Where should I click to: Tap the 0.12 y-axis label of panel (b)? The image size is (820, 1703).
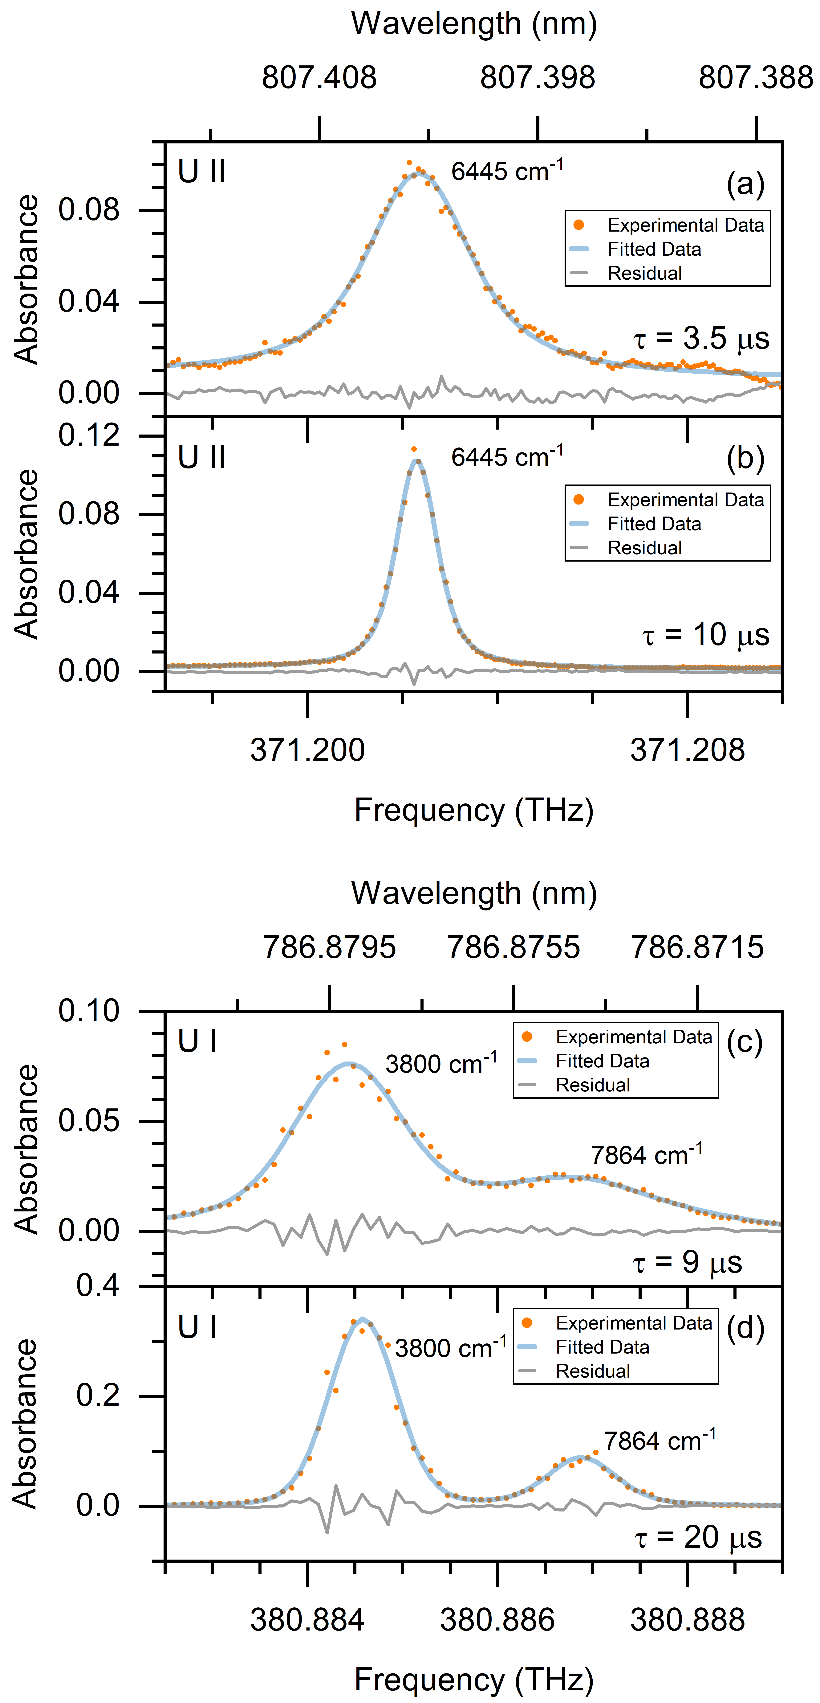pyautogui.click(x=89, y=436)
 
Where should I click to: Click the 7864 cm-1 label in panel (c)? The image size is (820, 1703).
pyautogui.click(x=646, y=1155)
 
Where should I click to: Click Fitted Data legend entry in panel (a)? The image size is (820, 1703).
pyautogui.click(x=654, y=249)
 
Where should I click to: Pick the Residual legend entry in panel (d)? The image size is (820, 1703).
pyautogui.click(x=593, y=1371)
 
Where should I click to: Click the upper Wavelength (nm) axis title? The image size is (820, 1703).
pyautogui.click(x=474, y=24)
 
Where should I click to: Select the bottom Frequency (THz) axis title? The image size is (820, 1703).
pyautogui.click(x=474, y=1679)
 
